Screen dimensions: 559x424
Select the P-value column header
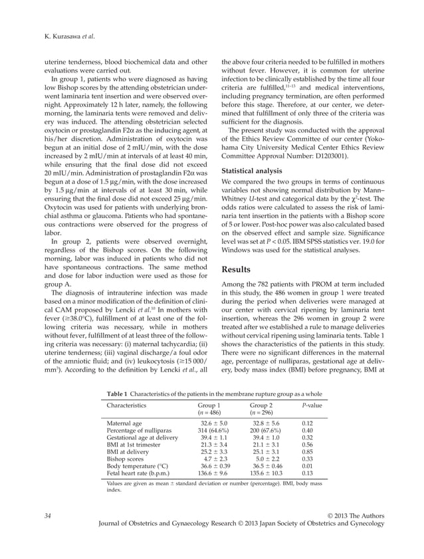point(310,405)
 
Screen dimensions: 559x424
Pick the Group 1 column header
point(209,405)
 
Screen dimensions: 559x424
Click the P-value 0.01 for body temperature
point(307,467)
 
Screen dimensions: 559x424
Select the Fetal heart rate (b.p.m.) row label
point(136,474)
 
